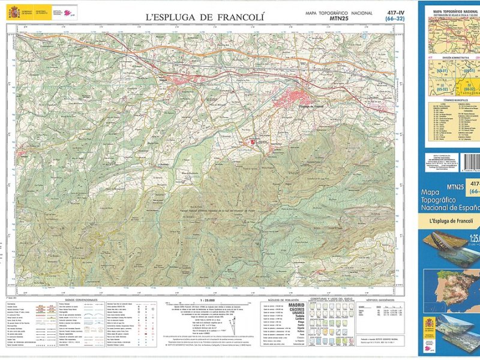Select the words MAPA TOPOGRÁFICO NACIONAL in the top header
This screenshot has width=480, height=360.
(339, 13)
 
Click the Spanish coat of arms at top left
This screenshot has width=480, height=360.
(13, 11)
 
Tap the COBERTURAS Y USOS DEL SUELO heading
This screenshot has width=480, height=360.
(331, 299)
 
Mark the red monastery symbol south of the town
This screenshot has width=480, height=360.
(253, 142)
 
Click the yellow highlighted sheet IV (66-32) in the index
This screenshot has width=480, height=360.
(467, 87)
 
